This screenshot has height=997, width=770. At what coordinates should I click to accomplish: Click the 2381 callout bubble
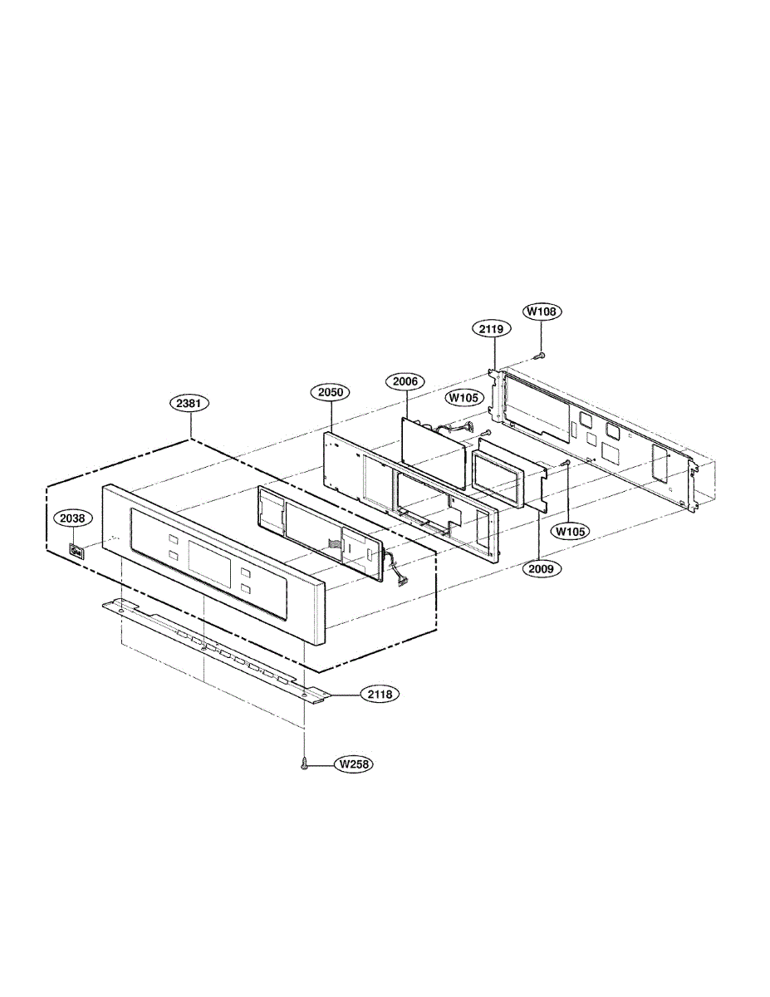[189, 403]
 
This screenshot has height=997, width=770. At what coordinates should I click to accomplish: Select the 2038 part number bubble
[72, 518]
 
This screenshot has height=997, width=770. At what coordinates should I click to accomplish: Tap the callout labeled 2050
[331, 392]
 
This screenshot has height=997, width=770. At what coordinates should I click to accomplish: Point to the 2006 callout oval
[405, 381]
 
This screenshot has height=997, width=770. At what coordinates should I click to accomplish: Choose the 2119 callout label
[491, 329]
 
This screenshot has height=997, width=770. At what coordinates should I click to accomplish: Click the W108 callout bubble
[542, 312]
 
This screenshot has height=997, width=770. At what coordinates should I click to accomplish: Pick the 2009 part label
[541, 569]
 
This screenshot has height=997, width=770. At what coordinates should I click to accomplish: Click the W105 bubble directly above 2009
[571, 532]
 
